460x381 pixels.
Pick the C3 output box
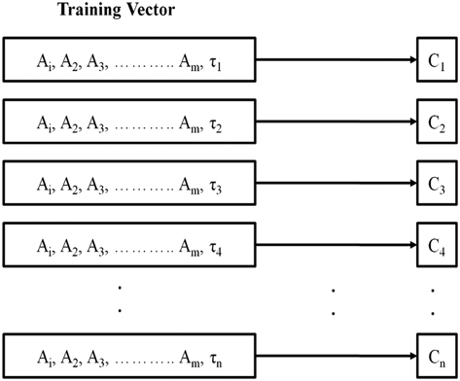[436, 184]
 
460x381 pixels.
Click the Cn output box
[436, 355]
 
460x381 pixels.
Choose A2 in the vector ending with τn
[71, 357]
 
